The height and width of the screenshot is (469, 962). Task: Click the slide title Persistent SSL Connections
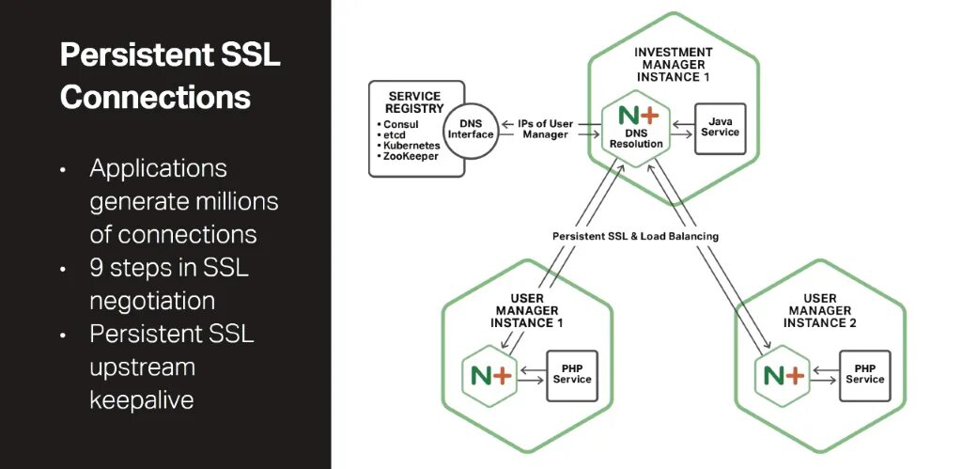(169, 75)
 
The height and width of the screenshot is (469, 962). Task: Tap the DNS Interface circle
(469, 132)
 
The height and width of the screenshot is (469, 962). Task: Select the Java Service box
(720, 127)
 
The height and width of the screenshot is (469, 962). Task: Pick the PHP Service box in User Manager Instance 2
(864, 373)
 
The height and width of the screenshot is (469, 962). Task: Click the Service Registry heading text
(414, 102)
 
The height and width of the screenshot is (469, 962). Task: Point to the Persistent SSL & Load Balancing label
(635, 236)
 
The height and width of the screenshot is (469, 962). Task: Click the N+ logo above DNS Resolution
(636, 118)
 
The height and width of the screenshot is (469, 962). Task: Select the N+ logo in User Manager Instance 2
(784, 373)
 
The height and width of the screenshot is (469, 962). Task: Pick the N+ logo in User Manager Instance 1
(489, 373)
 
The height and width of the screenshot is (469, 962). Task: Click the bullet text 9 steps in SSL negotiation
(169, 284)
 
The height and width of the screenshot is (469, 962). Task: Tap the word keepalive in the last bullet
(142, 399)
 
